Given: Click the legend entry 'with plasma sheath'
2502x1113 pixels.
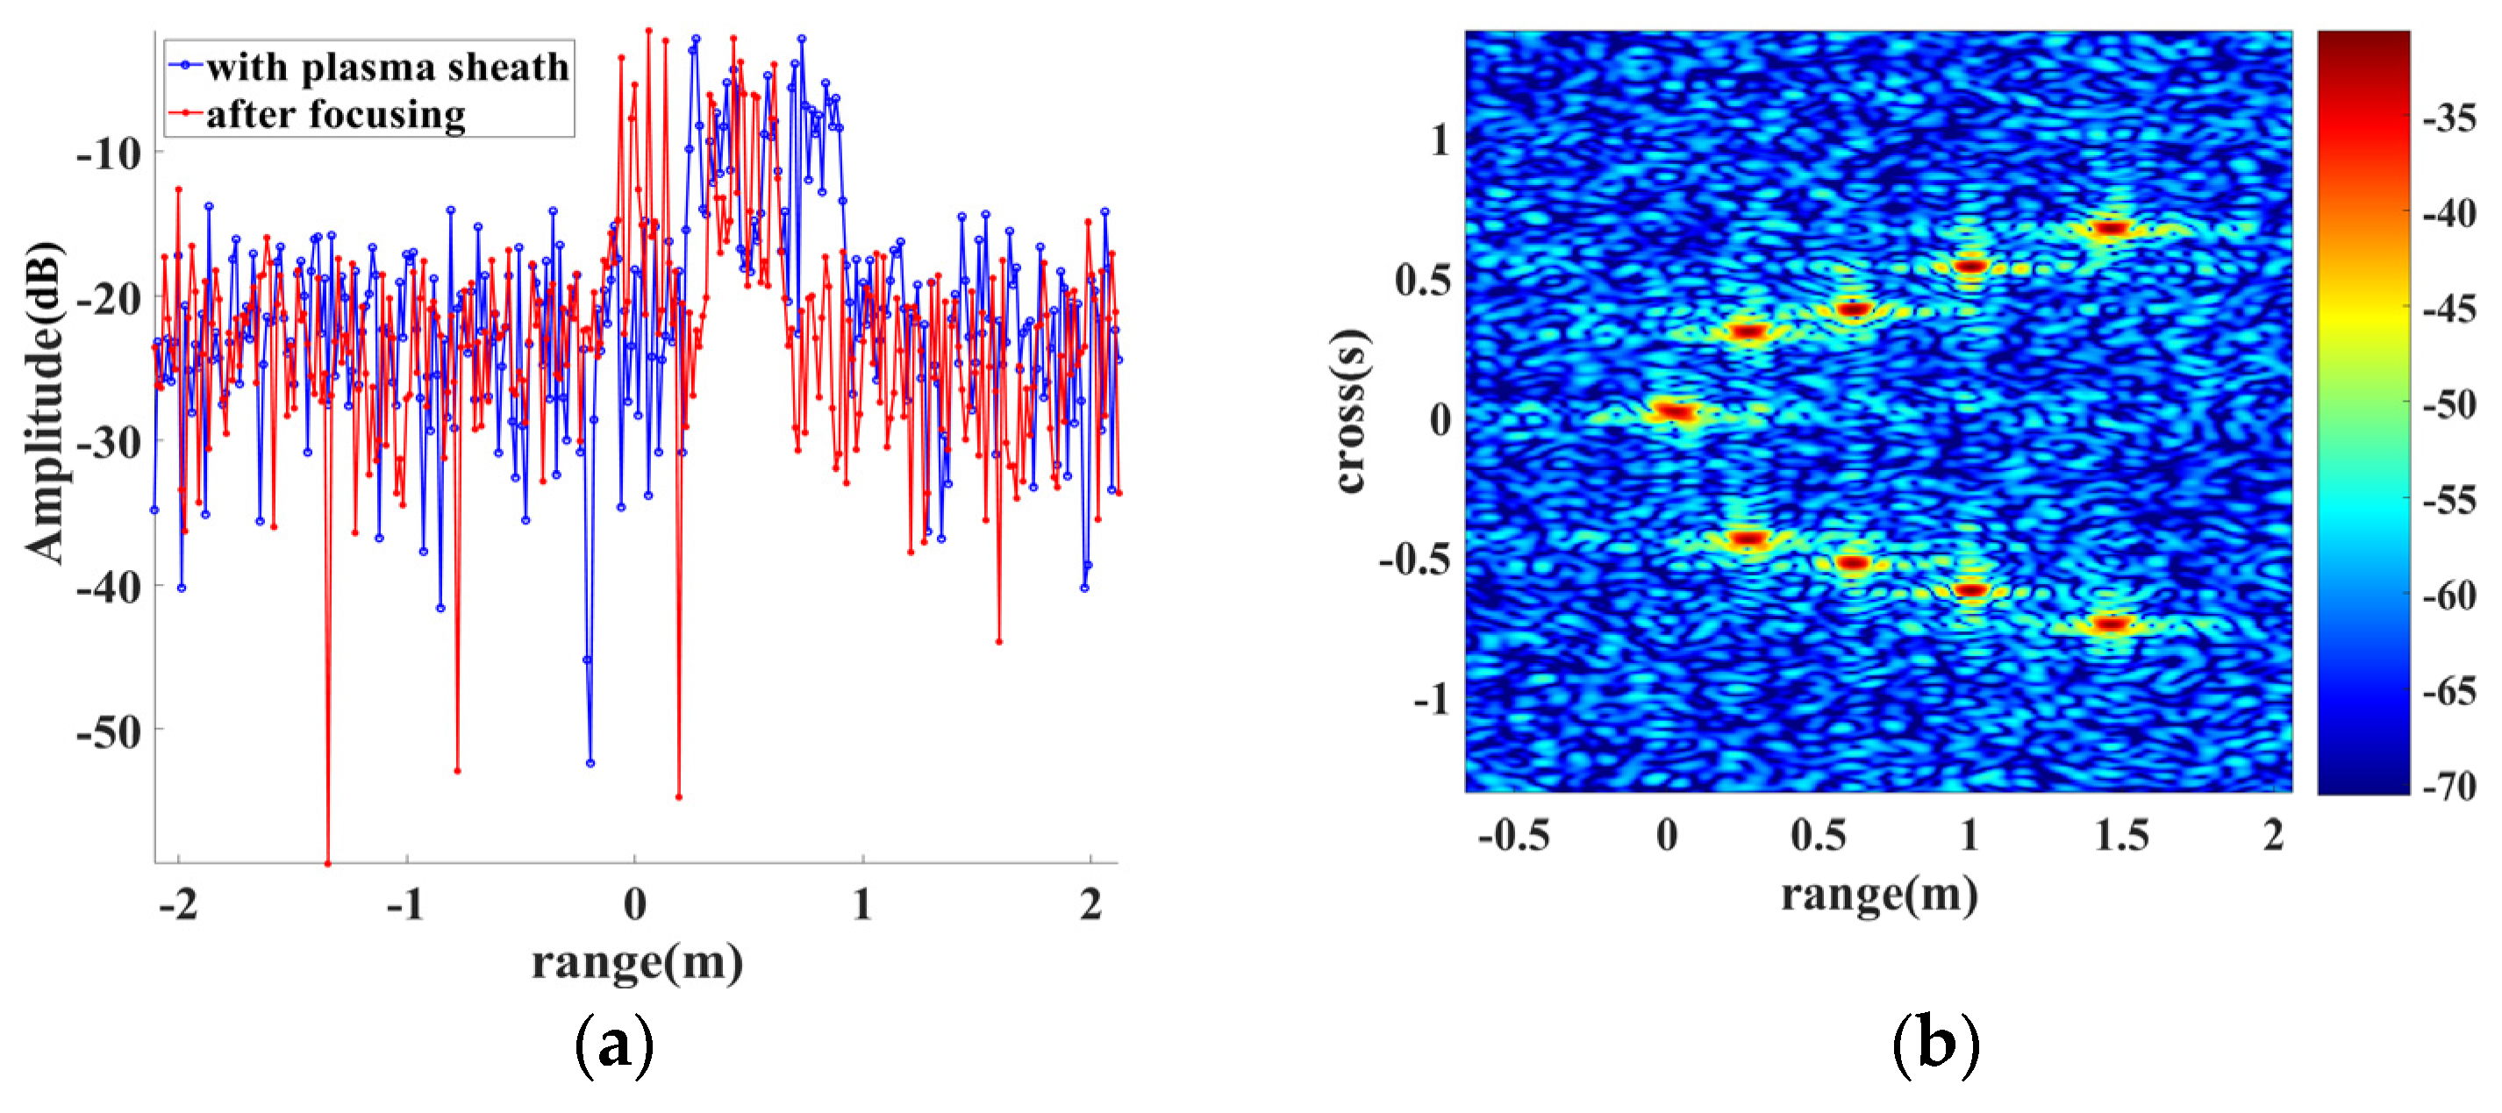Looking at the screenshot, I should (387, 66).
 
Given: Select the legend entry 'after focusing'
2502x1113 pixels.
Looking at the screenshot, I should (335, 115).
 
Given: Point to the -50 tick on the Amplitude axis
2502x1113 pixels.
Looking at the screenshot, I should (109, 731).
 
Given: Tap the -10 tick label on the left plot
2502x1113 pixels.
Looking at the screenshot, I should (109, 153).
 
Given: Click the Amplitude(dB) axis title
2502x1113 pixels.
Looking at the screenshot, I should (45, 403).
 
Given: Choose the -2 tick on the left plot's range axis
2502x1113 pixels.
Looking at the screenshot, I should (178, 904).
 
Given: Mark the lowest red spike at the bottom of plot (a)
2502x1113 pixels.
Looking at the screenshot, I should (327, 861).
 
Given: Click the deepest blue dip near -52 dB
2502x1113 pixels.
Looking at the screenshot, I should (590, 762).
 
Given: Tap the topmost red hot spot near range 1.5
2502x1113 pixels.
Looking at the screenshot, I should (2110, 228).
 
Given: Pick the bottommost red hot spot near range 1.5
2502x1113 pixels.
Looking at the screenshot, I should (2110, 623).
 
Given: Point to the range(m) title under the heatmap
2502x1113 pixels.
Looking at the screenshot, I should (1878, 894).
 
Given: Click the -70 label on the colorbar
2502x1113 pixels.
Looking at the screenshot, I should (2448, 785).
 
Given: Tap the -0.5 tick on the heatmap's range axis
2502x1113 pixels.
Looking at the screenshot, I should (1513, 835).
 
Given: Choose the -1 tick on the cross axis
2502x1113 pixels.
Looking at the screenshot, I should (1430, 698).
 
